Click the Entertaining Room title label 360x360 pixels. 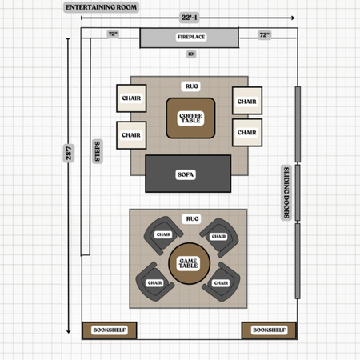pyautogui.click(x=101, y=7)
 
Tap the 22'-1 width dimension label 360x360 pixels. pyautogui.click(x=189, y=18)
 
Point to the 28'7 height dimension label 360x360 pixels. pyautogui.click(x=69, y=153)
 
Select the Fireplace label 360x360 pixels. pyautogui.click(x=191, y=37)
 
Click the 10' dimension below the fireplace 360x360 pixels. pyautogui.click(x=191, y=54)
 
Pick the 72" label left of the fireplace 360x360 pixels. pyautogui.click(x=113, y=34)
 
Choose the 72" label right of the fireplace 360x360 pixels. pyautogui.click(x=265, y=35)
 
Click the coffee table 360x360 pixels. pyautogui.click(x=190, y=118)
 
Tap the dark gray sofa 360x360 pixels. pyautogui.click(x=188, y=174)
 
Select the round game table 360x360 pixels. pyautogui.click(x=190, y=263)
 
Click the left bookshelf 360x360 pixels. pyautogui.click(x=110, y=330)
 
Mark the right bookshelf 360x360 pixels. pyautogui.click(x=269, y=330)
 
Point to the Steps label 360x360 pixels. pyautogui.click(x=98, y=151)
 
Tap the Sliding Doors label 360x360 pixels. pyautogui.click(x=286, y=193)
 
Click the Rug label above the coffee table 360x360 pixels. pyautogui.click(x=192, y=86)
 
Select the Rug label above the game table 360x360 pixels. pyautogui.click(x=192, y=218)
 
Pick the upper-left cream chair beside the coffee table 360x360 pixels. pyautogui.click(x=131, y=98)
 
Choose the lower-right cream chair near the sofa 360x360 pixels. pyautogui.click(x=247, y=133)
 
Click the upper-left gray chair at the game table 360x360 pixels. pyautogui.click(x=163, y=235)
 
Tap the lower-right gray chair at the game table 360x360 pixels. pyautogui.click(x=222, y=282)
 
